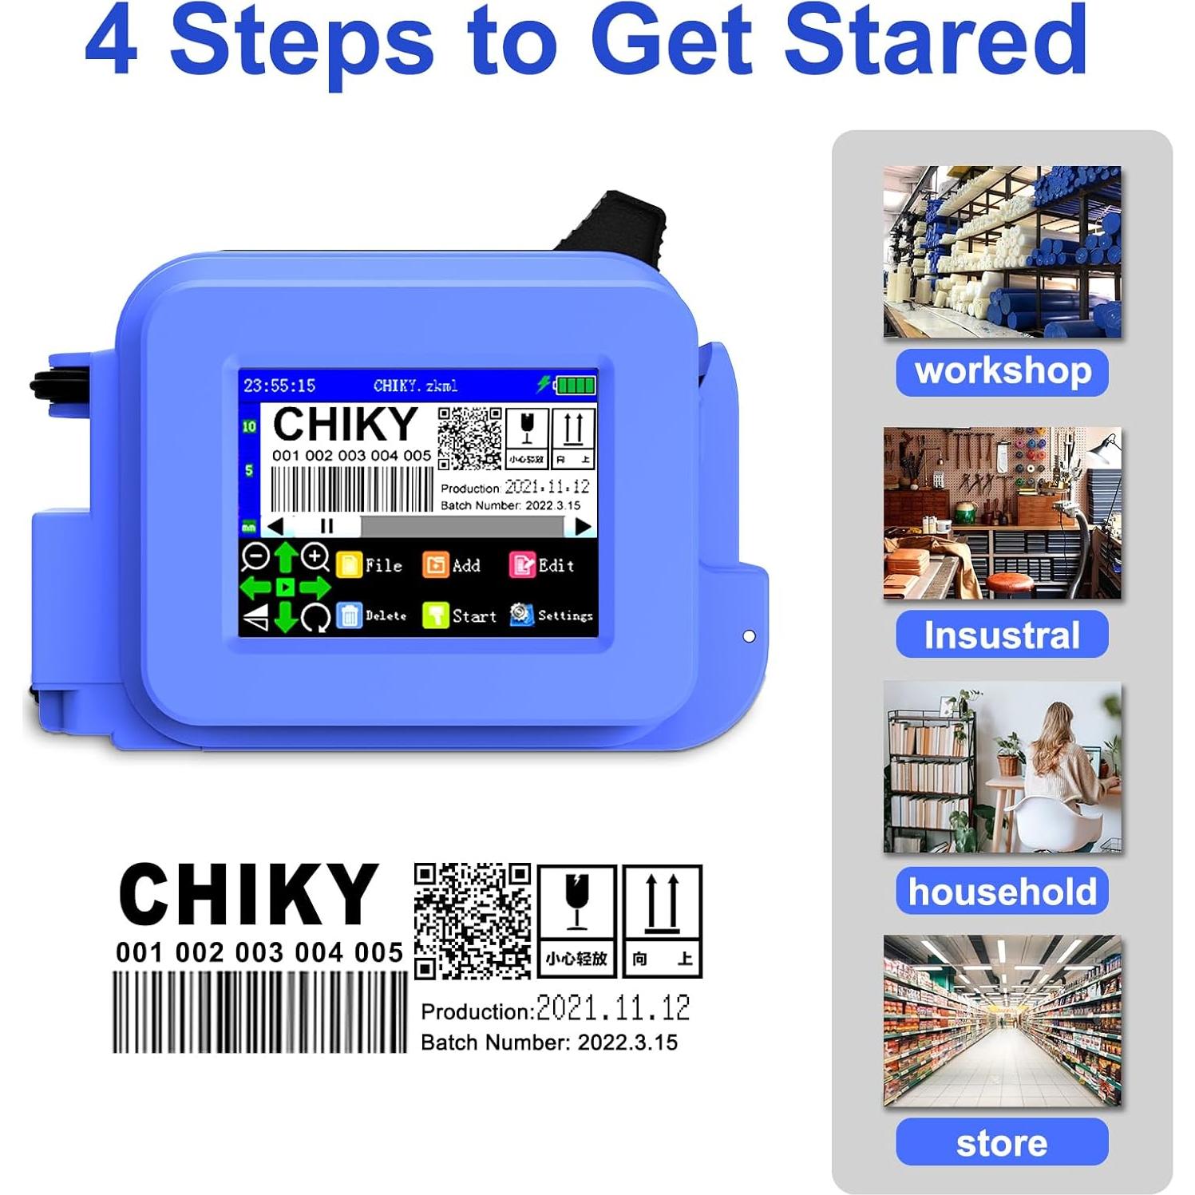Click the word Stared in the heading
(935, 40)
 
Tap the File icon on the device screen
(349, 564)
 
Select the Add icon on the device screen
(435, 565)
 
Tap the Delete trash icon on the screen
(349, 615)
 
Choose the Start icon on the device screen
(435, 615)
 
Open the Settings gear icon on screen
(521, 615)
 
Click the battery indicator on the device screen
(576, 386)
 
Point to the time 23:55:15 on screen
(279, 386)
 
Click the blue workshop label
(1002, 372)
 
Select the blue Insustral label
(1002, 635)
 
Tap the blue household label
(1002, 891)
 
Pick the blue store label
(1002, 1142)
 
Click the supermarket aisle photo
(1002, 1021)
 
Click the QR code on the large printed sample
(473, 920)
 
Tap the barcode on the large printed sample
(260, 1011)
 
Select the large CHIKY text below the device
(247, 894)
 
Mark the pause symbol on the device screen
(326, 526)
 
